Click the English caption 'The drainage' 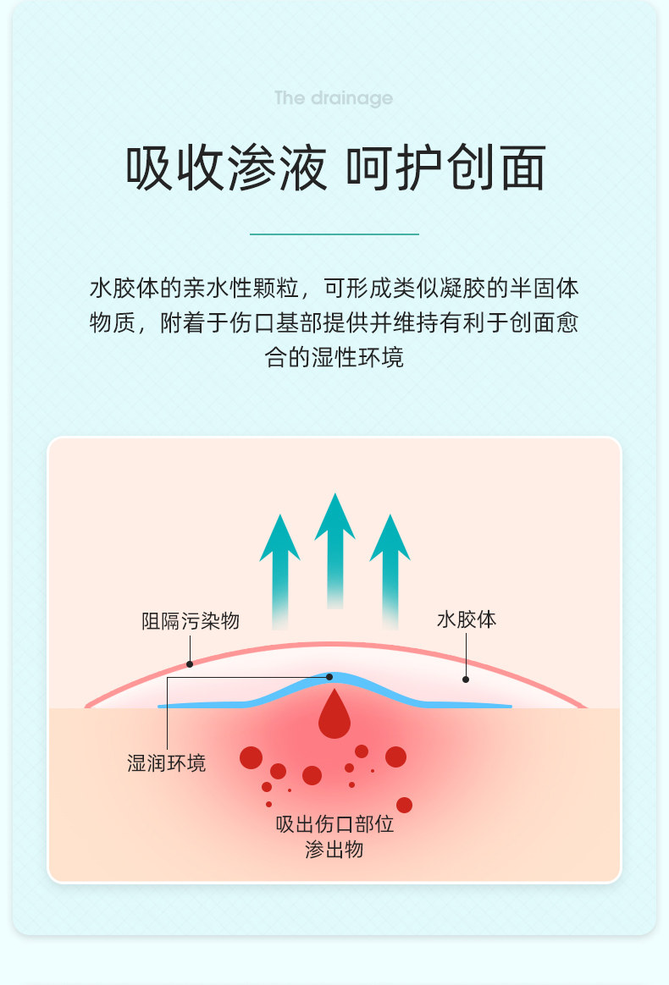click(334, 98)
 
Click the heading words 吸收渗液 click(226, 168)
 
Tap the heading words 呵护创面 click(446, 168)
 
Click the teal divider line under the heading click(334, 234)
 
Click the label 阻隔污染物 click(191, 621)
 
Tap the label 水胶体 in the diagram click(466, 619)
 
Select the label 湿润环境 click(166, 763)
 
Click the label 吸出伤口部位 click(334, 823)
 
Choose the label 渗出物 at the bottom click(334, 849)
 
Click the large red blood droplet click(334, 716)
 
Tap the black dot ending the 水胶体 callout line click(465, 679)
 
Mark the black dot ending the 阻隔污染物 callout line click(189, 663)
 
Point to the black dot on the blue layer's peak click(329, 677)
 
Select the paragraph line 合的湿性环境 click(334, 357)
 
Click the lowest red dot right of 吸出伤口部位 click(404, 805)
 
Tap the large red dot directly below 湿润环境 click(251, 757)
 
